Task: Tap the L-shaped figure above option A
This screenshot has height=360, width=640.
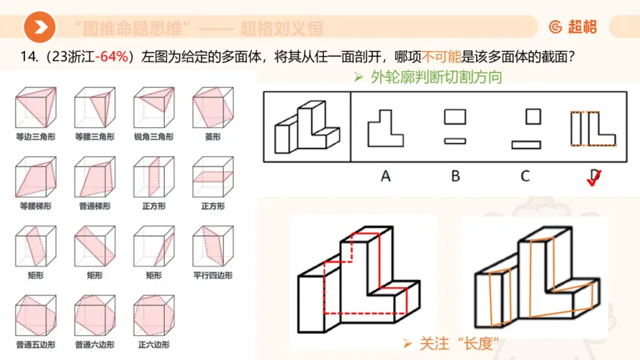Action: coord(385,127)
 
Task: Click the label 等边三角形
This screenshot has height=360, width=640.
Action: coord(34,137)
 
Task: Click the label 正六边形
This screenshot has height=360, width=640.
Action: coord(153,344)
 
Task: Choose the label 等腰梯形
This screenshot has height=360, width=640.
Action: coord(34,206)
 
